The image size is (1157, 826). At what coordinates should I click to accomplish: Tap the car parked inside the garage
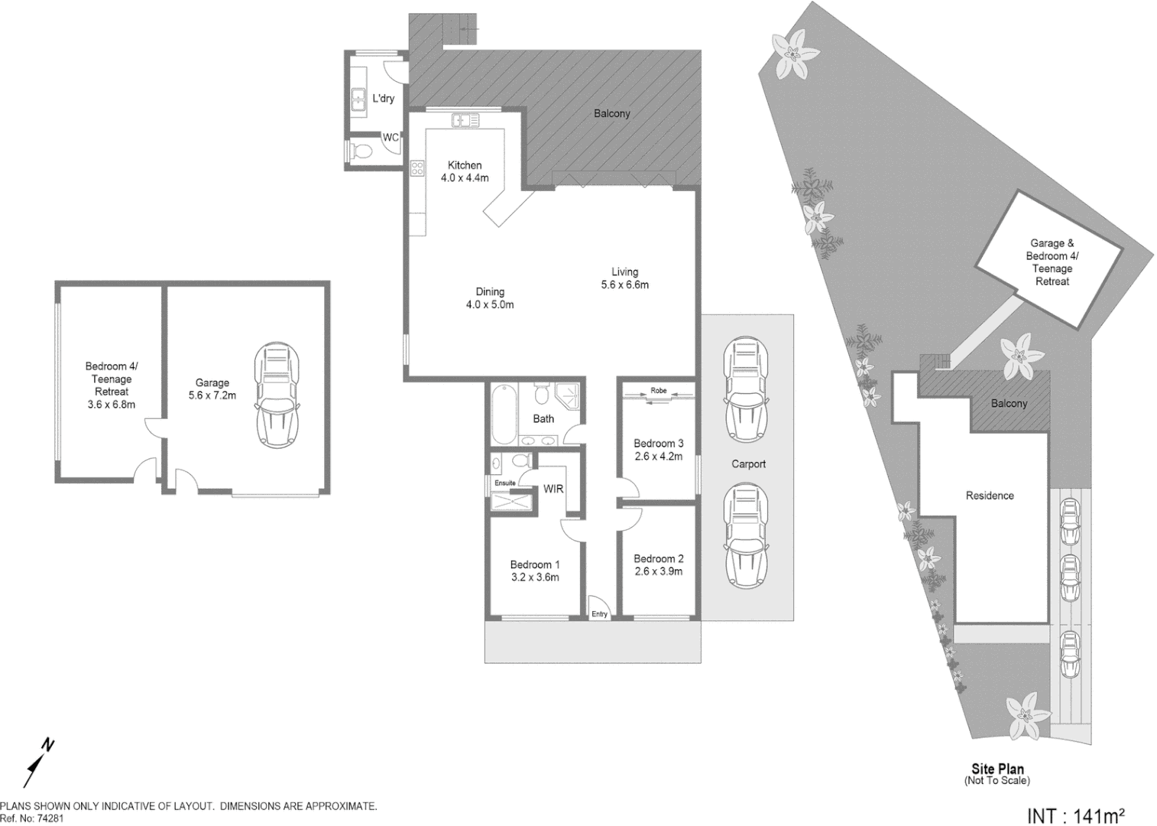[x=277, y=395]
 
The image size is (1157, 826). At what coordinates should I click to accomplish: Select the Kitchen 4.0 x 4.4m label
[x=465, y=171]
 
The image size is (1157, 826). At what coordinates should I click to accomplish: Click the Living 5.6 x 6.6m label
[x=624, y=278]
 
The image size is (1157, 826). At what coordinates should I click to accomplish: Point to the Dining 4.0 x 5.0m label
[x=490, y=298]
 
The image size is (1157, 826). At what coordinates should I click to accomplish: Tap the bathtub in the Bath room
[x=504, y=415]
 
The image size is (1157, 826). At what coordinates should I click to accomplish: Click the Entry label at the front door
[x=599, y=614]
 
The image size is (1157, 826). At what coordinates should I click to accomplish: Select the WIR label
[x=553, y=489]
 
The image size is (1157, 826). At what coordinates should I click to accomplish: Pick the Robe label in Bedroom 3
[x=658, y=391]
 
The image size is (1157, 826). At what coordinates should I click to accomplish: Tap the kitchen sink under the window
[x=465, y=120]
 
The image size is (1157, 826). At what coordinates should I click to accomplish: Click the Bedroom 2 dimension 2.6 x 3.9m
[x=658, y=571]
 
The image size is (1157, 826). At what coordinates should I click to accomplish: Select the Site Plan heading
[x=997, y=769]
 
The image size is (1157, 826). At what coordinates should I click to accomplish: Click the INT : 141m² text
[x=1076, y=815]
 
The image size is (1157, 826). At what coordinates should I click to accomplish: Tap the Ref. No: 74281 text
[x=31, y=818]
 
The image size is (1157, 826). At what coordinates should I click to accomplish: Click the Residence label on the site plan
[x=990, y=496]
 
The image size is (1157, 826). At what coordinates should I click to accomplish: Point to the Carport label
[x=748, y=464]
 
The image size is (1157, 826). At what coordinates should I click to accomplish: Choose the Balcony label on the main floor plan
[x=612, y=114]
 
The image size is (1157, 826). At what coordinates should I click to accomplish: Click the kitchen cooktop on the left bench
[x=417, y=167]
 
